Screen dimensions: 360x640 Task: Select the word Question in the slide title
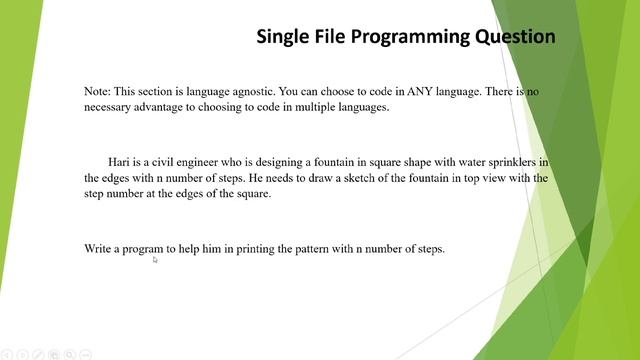pos(516,37)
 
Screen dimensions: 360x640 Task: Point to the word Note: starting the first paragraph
pos(100,91)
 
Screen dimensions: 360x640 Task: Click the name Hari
pos(121,161)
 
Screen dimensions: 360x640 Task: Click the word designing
pos(285,161)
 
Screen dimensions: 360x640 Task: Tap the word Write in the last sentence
pos(100,248)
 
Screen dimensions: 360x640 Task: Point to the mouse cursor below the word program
pos(155,260)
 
